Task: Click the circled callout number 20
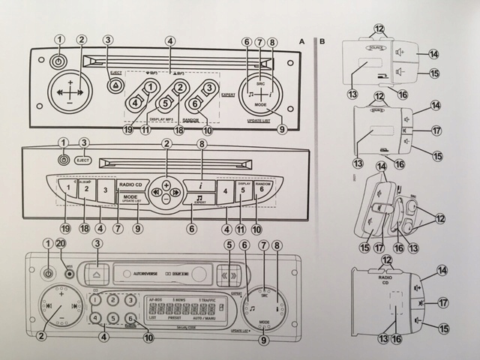60,244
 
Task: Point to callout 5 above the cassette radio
229,245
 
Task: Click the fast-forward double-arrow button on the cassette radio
228,277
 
